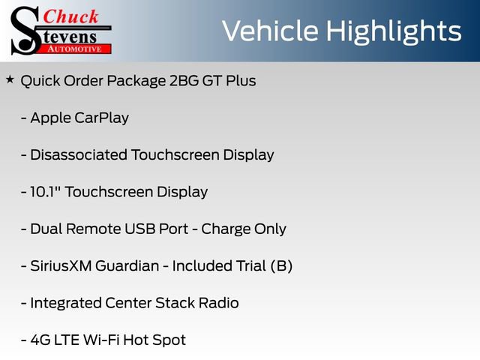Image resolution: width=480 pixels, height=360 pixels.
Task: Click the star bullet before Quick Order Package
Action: pos(10,79)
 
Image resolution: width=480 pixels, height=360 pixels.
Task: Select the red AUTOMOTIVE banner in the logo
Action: pos(75,48)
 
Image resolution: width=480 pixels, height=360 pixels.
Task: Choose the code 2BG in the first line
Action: pos(178,81)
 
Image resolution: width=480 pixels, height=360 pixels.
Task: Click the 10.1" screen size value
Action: pos(46,192)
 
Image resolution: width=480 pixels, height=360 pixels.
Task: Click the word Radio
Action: pos(218,303)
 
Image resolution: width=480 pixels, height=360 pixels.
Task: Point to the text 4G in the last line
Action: pos(40,340)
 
